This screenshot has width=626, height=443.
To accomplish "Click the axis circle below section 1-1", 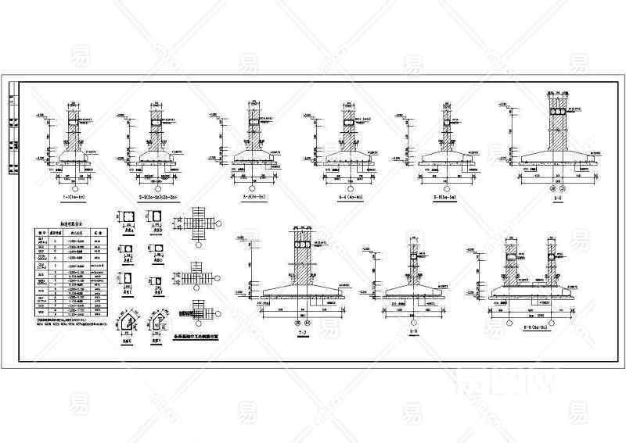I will pyautogui.click(x=74, y=188).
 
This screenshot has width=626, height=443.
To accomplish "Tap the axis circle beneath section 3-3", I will pyautogui.click(x=253, y=188).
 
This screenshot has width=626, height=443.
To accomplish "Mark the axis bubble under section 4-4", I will pyautogui.click(x=347, y=188).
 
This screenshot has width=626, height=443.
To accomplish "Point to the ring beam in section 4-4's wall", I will pyautogui.click(x=347, y=122).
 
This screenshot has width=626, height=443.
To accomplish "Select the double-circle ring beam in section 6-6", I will pyautogui.click(x=557, y=113).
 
